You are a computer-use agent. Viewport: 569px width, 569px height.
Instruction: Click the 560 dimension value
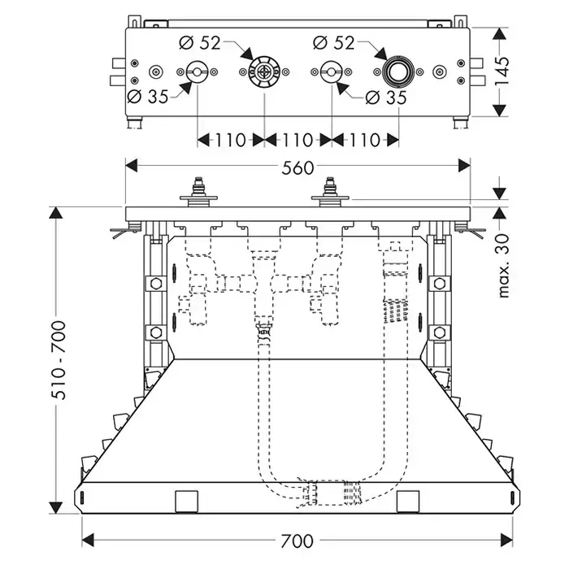[x=298, y=168]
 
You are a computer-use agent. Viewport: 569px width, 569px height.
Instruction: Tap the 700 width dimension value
[x=298, y=539]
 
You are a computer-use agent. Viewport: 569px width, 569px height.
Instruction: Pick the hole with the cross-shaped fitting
[x=263, y=73]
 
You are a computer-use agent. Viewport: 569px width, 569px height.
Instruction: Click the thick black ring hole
[x=398, y=73]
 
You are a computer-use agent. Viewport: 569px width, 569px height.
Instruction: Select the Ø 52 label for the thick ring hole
[x=333, y=43]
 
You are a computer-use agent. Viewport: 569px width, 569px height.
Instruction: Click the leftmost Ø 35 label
[x=148, y=97]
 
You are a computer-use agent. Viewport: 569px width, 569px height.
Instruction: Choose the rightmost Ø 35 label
[x=384, y=97]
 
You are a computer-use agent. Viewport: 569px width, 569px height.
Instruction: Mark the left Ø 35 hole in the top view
[x=196, y=73]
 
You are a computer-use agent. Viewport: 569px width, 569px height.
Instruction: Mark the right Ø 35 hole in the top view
[x=331, y=73]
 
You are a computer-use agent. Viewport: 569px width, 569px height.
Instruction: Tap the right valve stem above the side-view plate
[x=330, y=193]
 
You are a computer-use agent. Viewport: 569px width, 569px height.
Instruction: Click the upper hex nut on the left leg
[x=151, y=284]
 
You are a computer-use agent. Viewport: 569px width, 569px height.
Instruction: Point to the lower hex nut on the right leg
[x=440, y=332]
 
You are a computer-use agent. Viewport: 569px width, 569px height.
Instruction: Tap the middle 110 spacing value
[x=298, y=140]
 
